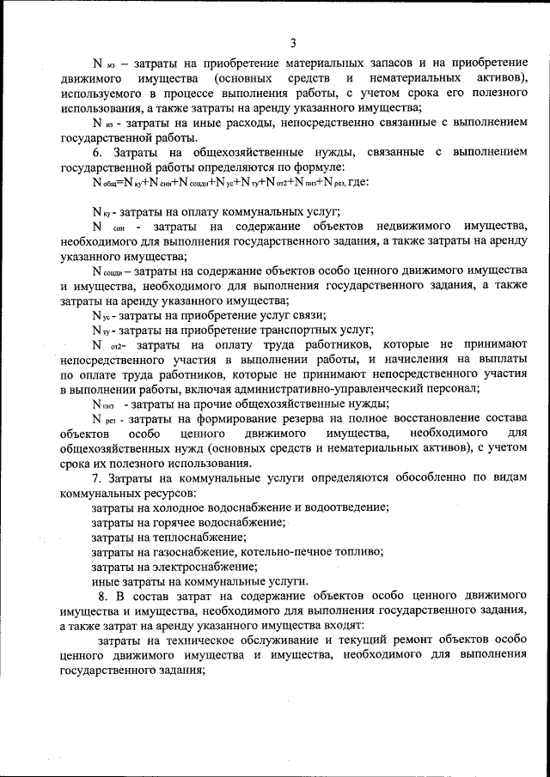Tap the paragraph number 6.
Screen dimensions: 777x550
click(x=96, y=152)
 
